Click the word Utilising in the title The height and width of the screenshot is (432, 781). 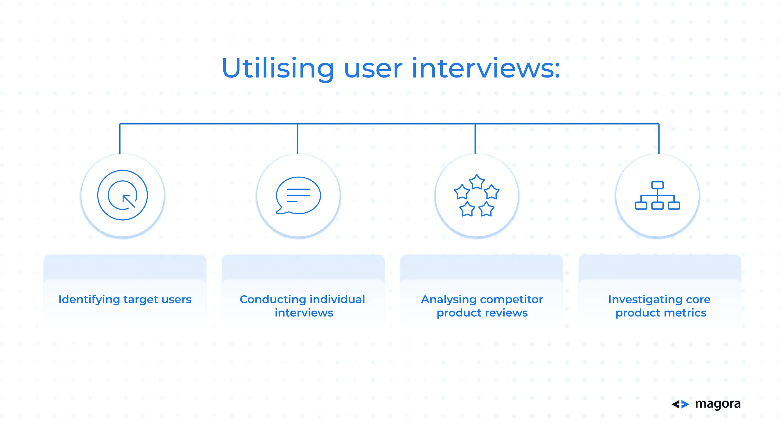coord(278,69)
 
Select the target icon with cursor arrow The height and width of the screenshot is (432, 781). coord(123,195)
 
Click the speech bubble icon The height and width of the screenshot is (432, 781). coord(298,196)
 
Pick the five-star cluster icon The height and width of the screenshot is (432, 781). coord(477,196)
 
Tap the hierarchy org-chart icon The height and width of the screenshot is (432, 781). coord(657,196)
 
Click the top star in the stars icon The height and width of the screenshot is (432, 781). coord(477,182)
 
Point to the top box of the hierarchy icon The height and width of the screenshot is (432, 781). coord(657,185)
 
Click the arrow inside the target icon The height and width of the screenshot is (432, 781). coord(129,201)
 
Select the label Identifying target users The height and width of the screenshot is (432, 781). coord(125,300)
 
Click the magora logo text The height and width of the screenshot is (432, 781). coord(718,404)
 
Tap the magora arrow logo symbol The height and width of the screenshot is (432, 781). coord(680,404)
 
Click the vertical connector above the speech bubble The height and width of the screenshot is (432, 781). coord(297,139)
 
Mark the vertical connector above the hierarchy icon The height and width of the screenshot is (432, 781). coord(659,139)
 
